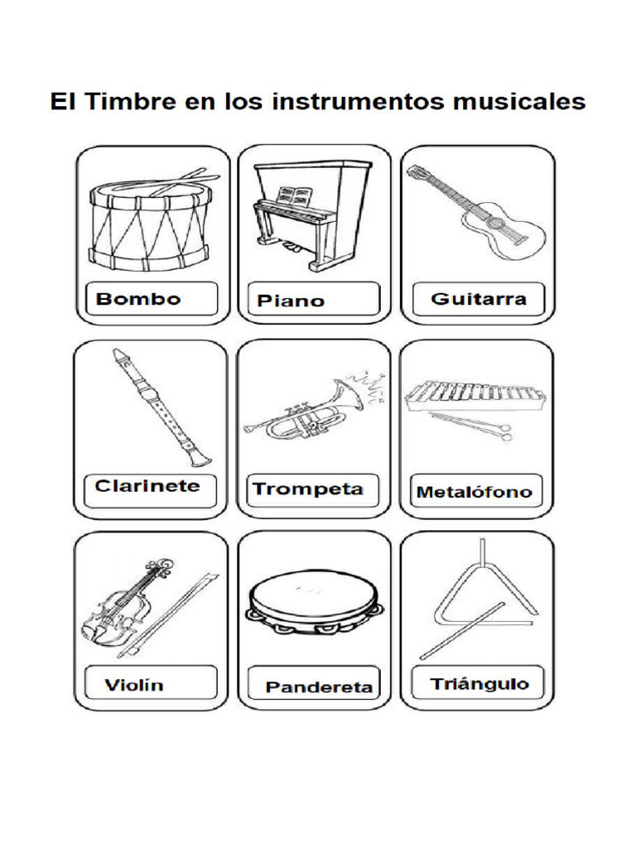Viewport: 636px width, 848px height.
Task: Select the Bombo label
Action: click(x=138, y=299)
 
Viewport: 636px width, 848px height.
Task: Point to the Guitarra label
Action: click(x=479, y=299)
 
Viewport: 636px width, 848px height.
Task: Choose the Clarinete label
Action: click(x=147, y=486)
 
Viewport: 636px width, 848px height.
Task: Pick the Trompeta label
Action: click(x=308, y=489)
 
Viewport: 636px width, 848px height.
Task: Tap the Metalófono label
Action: click(x=474, y=492)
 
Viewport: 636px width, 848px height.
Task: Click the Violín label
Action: click(x=135, y=684)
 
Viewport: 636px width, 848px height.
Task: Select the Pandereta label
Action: click(x=319, y=687)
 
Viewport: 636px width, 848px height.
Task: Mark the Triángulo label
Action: click(x=479, y=684)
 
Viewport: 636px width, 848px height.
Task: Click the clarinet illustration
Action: click(x=158, y=406)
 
